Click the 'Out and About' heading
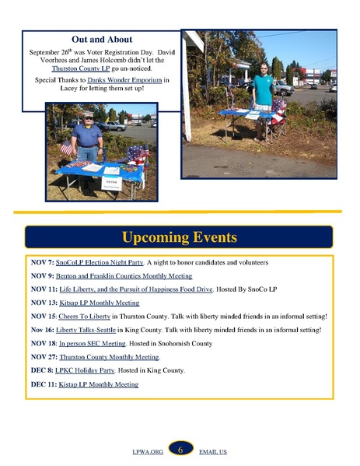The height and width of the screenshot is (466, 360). pos(102,39)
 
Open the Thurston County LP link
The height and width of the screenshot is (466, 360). pos(81,68)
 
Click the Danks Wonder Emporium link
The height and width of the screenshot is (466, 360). pos(124,80)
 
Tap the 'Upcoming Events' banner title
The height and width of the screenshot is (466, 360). pos(180,237)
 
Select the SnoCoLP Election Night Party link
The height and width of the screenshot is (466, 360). pos(100,262)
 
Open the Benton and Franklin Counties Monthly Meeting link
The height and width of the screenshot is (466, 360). pos(124,276)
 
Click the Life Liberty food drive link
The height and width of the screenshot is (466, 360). pos(136,289)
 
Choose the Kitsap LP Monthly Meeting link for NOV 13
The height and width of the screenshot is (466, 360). pos(100,303)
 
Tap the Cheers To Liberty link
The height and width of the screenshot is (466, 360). pos(84,316)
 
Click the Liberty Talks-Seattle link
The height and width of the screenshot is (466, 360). pos(86,330)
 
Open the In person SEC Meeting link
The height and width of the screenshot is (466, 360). pos(93,344)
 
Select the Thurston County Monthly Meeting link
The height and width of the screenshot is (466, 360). pos(109,357)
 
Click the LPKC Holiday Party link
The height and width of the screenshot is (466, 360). pos(85,370)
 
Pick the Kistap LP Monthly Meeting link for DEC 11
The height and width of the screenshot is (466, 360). pos(99,384)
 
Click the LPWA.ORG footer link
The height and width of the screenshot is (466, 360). pos(148,452)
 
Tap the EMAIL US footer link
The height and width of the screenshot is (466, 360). pos(213,452)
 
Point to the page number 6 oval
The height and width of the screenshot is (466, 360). pos(180,450)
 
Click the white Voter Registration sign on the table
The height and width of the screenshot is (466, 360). pos(111,183)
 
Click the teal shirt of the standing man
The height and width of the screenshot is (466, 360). pos(263,89)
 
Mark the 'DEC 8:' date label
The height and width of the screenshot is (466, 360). pos(42,370)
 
